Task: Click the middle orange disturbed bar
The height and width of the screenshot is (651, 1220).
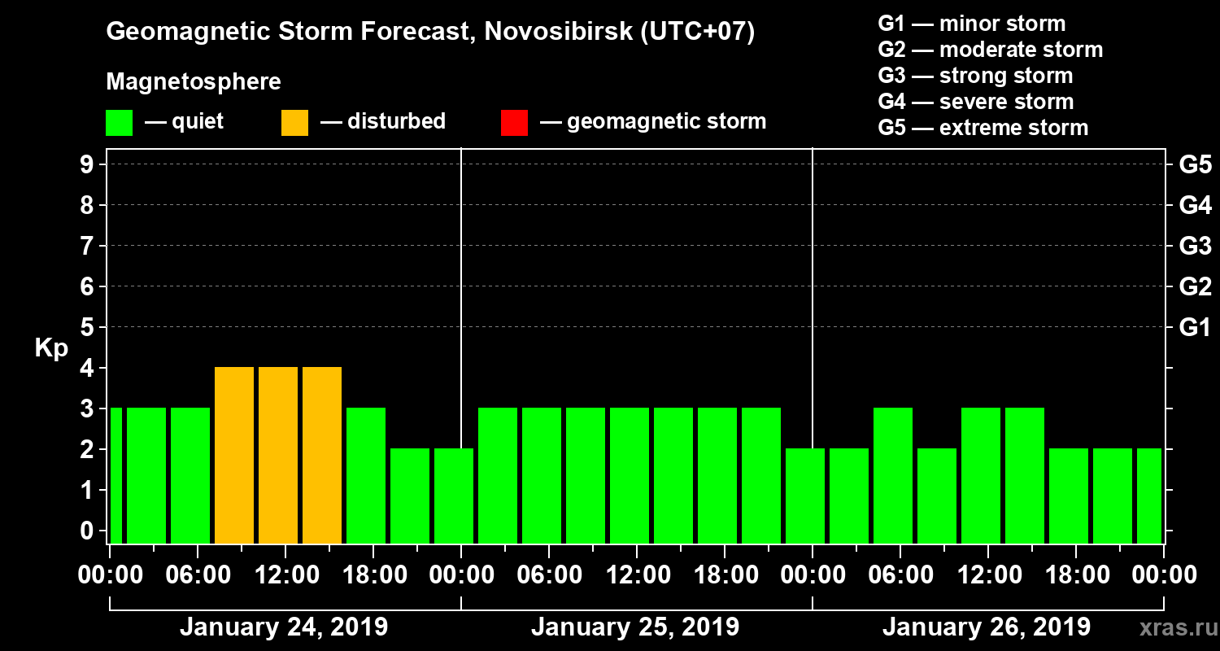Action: [x=278, y=455]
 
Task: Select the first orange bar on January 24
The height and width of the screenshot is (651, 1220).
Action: [x=234, y=455]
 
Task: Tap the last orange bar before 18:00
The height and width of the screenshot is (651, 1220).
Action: [x=322, y=455]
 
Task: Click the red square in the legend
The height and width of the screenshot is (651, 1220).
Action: [x=514, y=123]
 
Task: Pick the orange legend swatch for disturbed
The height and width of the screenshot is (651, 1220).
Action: [x=294, y=123]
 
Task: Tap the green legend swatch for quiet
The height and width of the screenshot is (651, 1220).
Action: [x=119, y=123]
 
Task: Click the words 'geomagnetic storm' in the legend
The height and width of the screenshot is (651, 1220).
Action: [x=666, y=121]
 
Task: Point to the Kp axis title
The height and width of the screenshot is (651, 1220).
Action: [x=51, y=348]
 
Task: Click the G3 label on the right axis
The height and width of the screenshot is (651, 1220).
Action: [x=1195, y=246]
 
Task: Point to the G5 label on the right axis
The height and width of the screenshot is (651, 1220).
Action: [x=1195, y=164]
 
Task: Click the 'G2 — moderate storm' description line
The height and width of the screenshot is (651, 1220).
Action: [x=990, y=50]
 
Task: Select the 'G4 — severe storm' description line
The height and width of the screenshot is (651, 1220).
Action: [x=975, y=102]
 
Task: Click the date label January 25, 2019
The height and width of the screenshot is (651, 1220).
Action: [x=635, y=627]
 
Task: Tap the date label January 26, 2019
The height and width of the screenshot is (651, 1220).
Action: [x=987, y=627]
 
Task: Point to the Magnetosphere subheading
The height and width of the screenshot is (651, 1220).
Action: [x=194, y=82]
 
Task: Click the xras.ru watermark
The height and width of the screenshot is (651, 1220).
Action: [x=1173, y=628]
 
